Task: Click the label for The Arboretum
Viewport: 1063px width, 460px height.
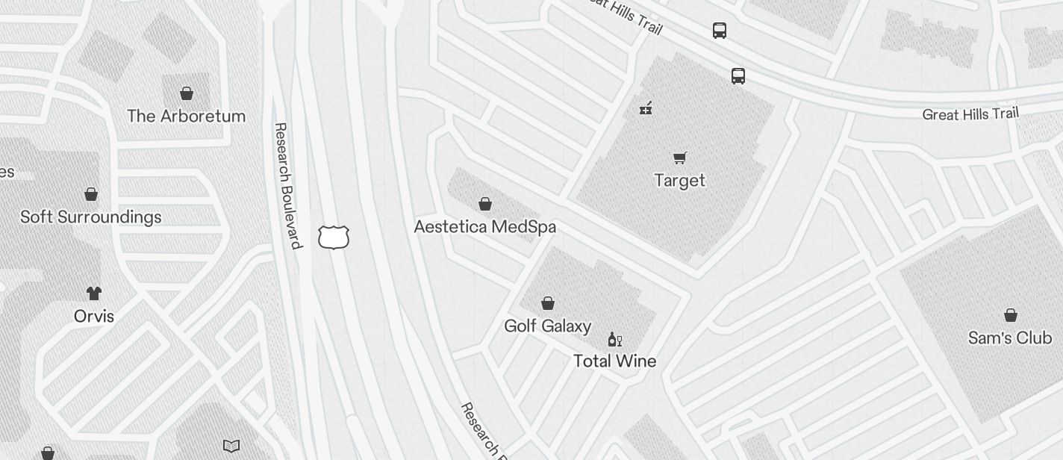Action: coord(186,116)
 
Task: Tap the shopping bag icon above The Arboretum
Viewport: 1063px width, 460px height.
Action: coord(187,93)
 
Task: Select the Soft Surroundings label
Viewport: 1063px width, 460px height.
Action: coord(90,217)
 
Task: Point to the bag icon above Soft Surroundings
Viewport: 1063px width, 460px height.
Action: coord(91,194)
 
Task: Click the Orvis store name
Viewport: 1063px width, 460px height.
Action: coord(94,316)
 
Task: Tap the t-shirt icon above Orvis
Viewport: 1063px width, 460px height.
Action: coord(93,293)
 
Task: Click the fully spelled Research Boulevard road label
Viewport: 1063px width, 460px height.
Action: coord(287,185)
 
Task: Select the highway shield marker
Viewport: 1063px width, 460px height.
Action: coord(334,237)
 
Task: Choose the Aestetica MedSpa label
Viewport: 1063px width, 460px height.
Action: coord(484,226)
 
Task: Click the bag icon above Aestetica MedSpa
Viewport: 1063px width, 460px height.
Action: coord(485,203)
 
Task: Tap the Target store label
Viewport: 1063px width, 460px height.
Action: coord(679,180)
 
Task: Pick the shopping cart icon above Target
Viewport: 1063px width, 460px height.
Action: coord(679,158)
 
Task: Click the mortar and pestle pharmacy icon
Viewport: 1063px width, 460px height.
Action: coord(646,108)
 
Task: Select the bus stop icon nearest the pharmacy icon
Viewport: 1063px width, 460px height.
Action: coord(738,76)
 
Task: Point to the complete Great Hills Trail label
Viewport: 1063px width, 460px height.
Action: coord(970,114)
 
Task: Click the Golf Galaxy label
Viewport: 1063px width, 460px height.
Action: coord(547,326)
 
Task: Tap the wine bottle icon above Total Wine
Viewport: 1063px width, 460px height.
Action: coord(614,340)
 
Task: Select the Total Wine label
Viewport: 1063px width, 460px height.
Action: coord(614,361)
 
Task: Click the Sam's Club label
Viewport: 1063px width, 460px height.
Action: coord(1009,338)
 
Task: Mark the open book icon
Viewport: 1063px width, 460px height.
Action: coord(231,446)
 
